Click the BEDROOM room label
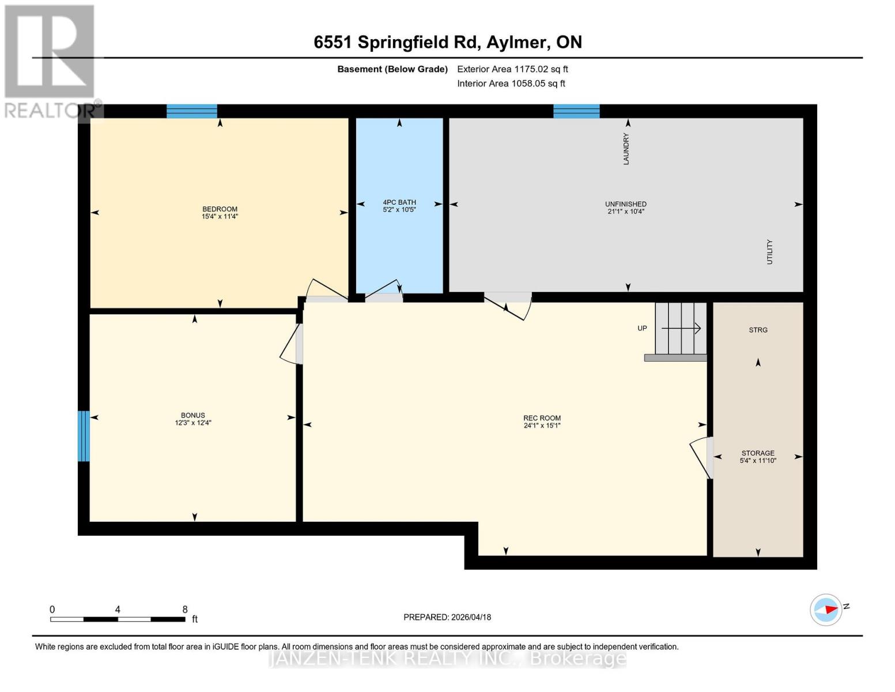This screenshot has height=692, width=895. click(x=220, y=209)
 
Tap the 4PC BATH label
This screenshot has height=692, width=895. click(x=399, y=202)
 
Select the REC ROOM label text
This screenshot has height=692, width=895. click(x=542, y=418)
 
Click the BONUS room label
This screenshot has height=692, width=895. click(x=192, y=415)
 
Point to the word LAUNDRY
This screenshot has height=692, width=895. click(x=626, y=149)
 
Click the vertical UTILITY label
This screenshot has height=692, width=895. click(x=769, y=252)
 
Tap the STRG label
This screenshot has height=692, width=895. click(x=758, y=330)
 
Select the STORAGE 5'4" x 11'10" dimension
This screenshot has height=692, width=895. click(x=758, y=461)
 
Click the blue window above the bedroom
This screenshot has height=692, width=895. click(x=192, y=111)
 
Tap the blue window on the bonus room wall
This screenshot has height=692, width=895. click(x=84, y=436)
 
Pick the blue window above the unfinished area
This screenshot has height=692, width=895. click(x=576, y=111)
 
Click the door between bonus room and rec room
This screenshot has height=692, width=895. click(x=293, y=344)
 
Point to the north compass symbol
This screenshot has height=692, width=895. click(x=826, y=610)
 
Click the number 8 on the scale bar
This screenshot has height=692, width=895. click(x=184, y=610)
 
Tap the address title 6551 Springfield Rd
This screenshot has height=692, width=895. click(x=447, y=42)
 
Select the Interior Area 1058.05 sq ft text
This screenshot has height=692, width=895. click(x=511, y=84)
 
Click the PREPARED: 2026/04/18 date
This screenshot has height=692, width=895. click(x=447, y=617)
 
